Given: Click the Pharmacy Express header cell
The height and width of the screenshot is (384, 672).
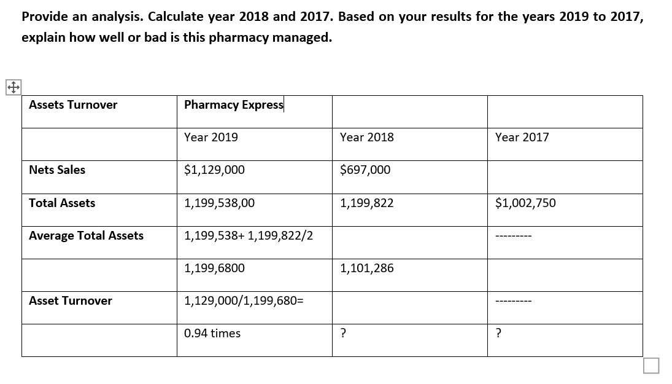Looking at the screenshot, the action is click(234, 104).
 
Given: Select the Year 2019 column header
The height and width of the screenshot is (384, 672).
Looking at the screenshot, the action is click(211, 137).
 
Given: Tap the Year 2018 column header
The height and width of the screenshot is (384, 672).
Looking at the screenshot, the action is click(367, 137).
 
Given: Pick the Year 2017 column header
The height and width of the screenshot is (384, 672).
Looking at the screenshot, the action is click(522, 137).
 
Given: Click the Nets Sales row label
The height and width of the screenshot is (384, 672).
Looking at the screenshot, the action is click(57, 170).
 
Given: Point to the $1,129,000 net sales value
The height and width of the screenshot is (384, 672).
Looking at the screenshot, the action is click(214, 170).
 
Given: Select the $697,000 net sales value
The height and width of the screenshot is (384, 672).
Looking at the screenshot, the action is click(365, 170).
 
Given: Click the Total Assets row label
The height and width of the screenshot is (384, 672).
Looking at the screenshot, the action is click(62, 203).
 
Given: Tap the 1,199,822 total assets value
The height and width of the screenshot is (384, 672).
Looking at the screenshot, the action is click(367, 203).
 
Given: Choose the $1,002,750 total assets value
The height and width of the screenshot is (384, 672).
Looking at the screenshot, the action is click(525, 203).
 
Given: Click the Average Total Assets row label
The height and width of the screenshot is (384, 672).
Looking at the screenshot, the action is click(86, 235).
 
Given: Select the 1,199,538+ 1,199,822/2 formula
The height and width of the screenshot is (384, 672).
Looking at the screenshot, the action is click(249, 235).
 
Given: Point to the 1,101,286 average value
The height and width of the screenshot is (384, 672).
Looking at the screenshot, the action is click(367, 268).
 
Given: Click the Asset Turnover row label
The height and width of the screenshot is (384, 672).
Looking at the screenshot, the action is click(71, 300).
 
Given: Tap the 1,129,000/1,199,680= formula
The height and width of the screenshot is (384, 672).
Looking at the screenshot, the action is click(244, 300).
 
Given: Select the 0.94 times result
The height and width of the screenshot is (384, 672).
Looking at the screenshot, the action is click(212, 333).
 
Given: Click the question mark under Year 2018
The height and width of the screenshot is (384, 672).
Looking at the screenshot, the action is click(343, 333).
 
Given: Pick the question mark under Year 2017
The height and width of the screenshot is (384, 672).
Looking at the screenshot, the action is click(498, 333).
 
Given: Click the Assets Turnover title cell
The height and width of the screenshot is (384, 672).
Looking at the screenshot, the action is click(73, 104).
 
